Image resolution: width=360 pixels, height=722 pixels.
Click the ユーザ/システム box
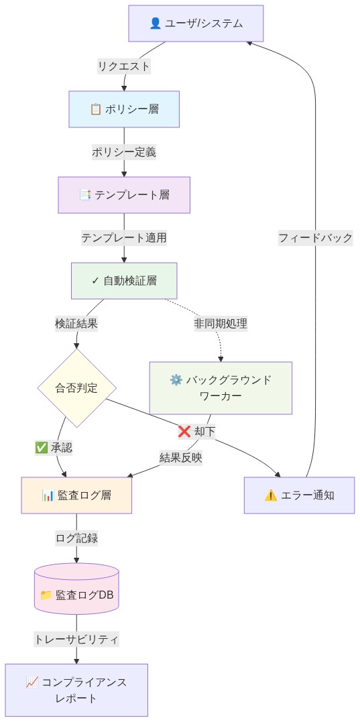point(196,23)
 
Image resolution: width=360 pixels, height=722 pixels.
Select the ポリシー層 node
point(124,109)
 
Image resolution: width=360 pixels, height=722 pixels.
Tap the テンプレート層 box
point(124,195)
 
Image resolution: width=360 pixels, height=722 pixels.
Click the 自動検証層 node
point(124,280)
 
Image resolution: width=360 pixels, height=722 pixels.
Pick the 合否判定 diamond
point(76,387)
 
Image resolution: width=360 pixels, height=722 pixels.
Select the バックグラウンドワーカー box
point(221,387)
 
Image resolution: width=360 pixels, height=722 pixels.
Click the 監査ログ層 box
point(76,495)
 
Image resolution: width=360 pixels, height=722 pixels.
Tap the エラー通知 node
point(299,495)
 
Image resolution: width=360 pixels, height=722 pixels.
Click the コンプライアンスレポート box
point(76,690)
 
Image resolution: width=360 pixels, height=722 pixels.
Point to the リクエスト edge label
point(124,66)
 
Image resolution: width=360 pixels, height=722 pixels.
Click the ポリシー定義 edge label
point(124,152)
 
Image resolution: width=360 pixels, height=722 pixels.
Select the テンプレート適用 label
point(124,237)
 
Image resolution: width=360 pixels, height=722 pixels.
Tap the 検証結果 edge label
point(76,323)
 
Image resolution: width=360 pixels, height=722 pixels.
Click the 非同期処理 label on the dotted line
point(221,323)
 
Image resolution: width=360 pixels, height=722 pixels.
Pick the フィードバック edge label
point(315,237)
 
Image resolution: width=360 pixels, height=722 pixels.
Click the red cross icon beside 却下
point(184,432)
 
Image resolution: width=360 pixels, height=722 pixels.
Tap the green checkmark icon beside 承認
point(42,447)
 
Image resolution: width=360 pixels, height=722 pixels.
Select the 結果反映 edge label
point(181,457)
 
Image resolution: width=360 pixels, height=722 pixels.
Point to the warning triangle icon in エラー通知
point(271,495)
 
